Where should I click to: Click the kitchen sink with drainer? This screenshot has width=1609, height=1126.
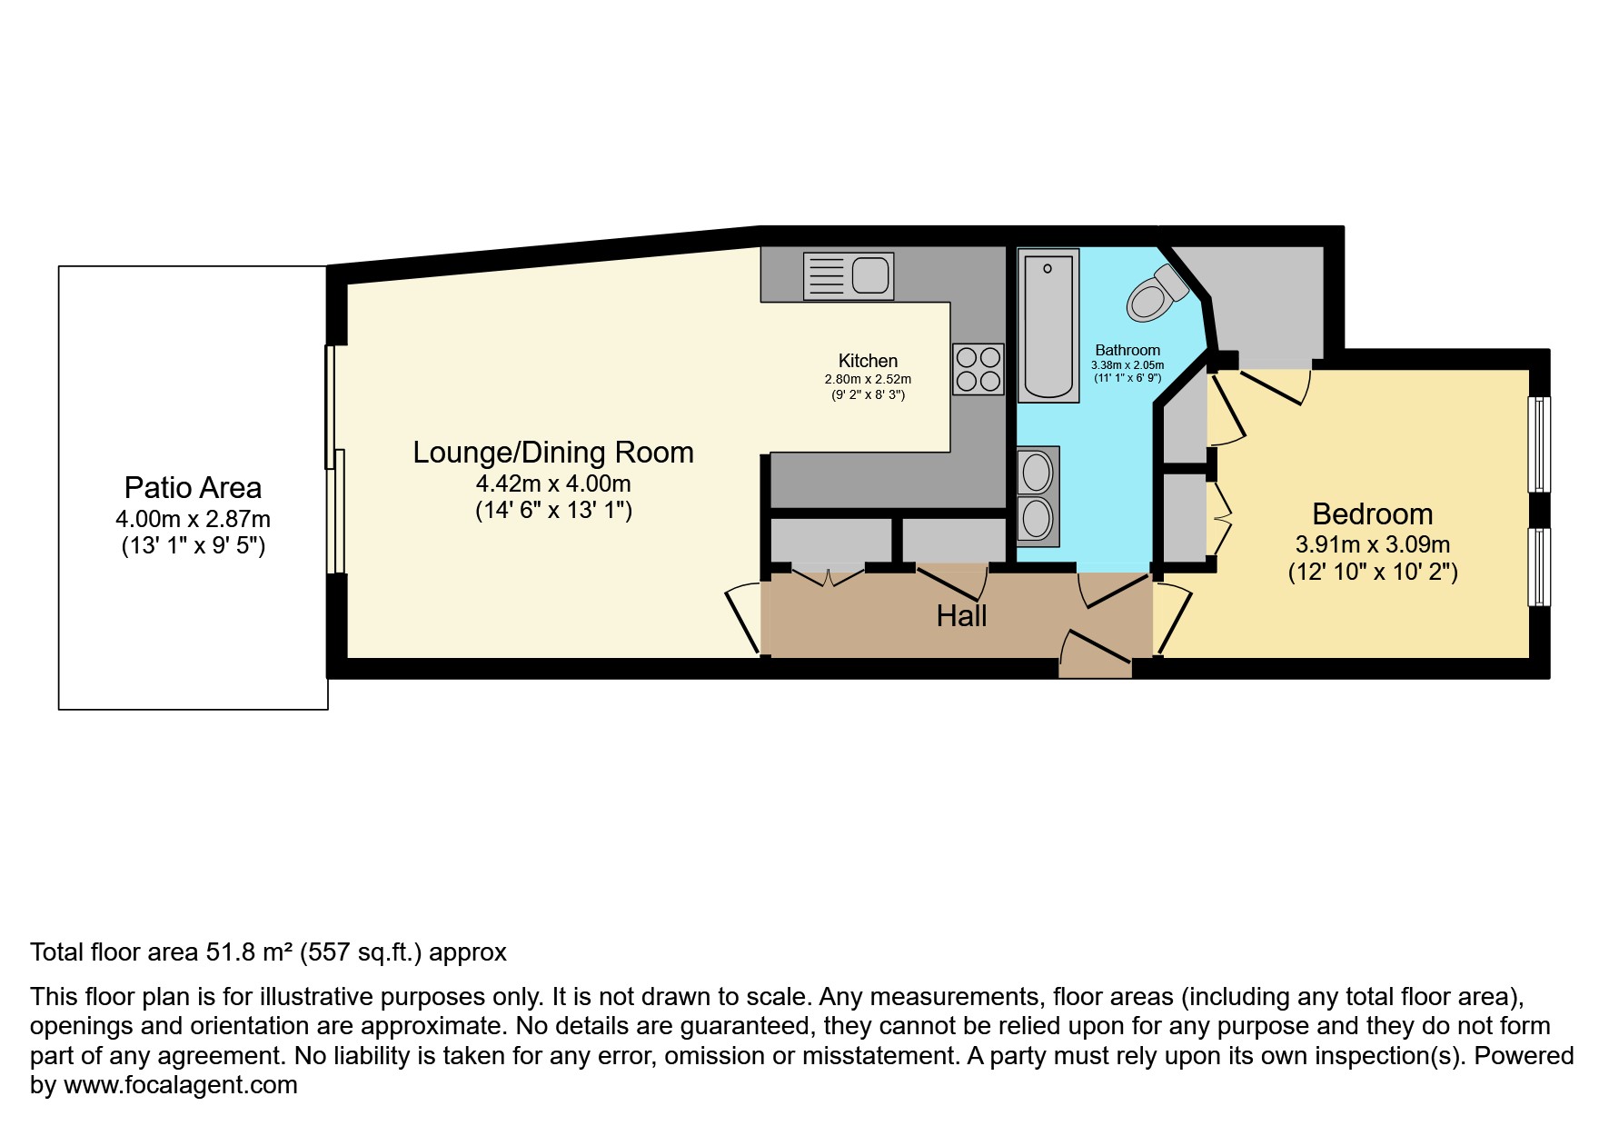849,276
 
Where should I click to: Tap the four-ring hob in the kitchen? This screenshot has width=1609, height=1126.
978,369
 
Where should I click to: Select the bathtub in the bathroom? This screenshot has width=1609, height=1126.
1048,325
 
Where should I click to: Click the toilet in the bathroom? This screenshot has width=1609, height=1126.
1157,294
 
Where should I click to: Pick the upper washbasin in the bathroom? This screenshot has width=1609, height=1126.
1038,472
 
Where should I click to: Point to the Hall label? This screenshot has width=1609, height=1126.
961,616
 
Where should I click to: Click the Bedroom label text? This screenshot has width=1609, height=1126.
1372,514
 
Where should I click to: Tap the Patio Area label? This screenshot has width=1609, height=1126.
193,488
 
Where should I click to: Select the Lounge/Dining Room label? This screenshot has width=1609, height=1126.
552,453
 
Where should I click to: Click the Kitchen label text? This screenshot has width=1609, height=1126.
868,361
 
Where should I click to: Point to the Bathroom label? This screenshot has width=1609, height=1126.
1127,350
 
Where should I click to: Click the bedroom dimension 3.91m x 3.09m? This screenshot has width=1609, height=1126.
1372,545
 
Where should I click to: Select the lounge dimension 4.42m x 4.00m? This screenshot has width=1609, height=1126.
552,483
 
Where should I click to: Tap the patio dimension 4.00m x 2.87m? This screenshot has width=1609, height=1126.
193,520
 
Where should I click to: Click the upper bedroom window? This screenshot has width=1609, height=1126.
1539,444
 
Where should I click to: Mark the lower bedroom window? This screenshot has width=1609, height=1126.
1539,567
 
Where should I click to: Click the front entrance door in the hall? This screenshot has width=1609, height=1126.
1095,654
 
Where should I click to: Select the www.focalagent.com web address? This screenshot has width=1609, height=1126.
180,1085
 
